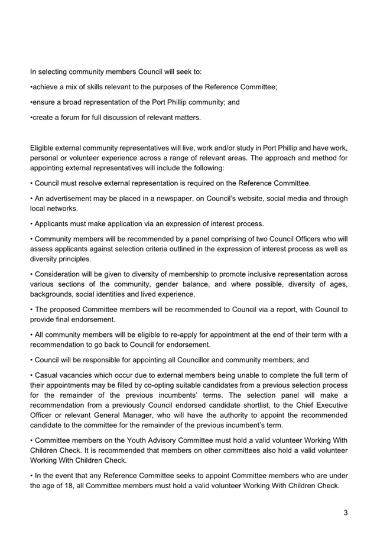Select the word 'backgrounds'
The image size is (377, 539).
50,294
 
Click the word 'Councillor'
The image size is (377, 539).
203,360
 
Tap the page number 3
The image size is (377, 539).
345,512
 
